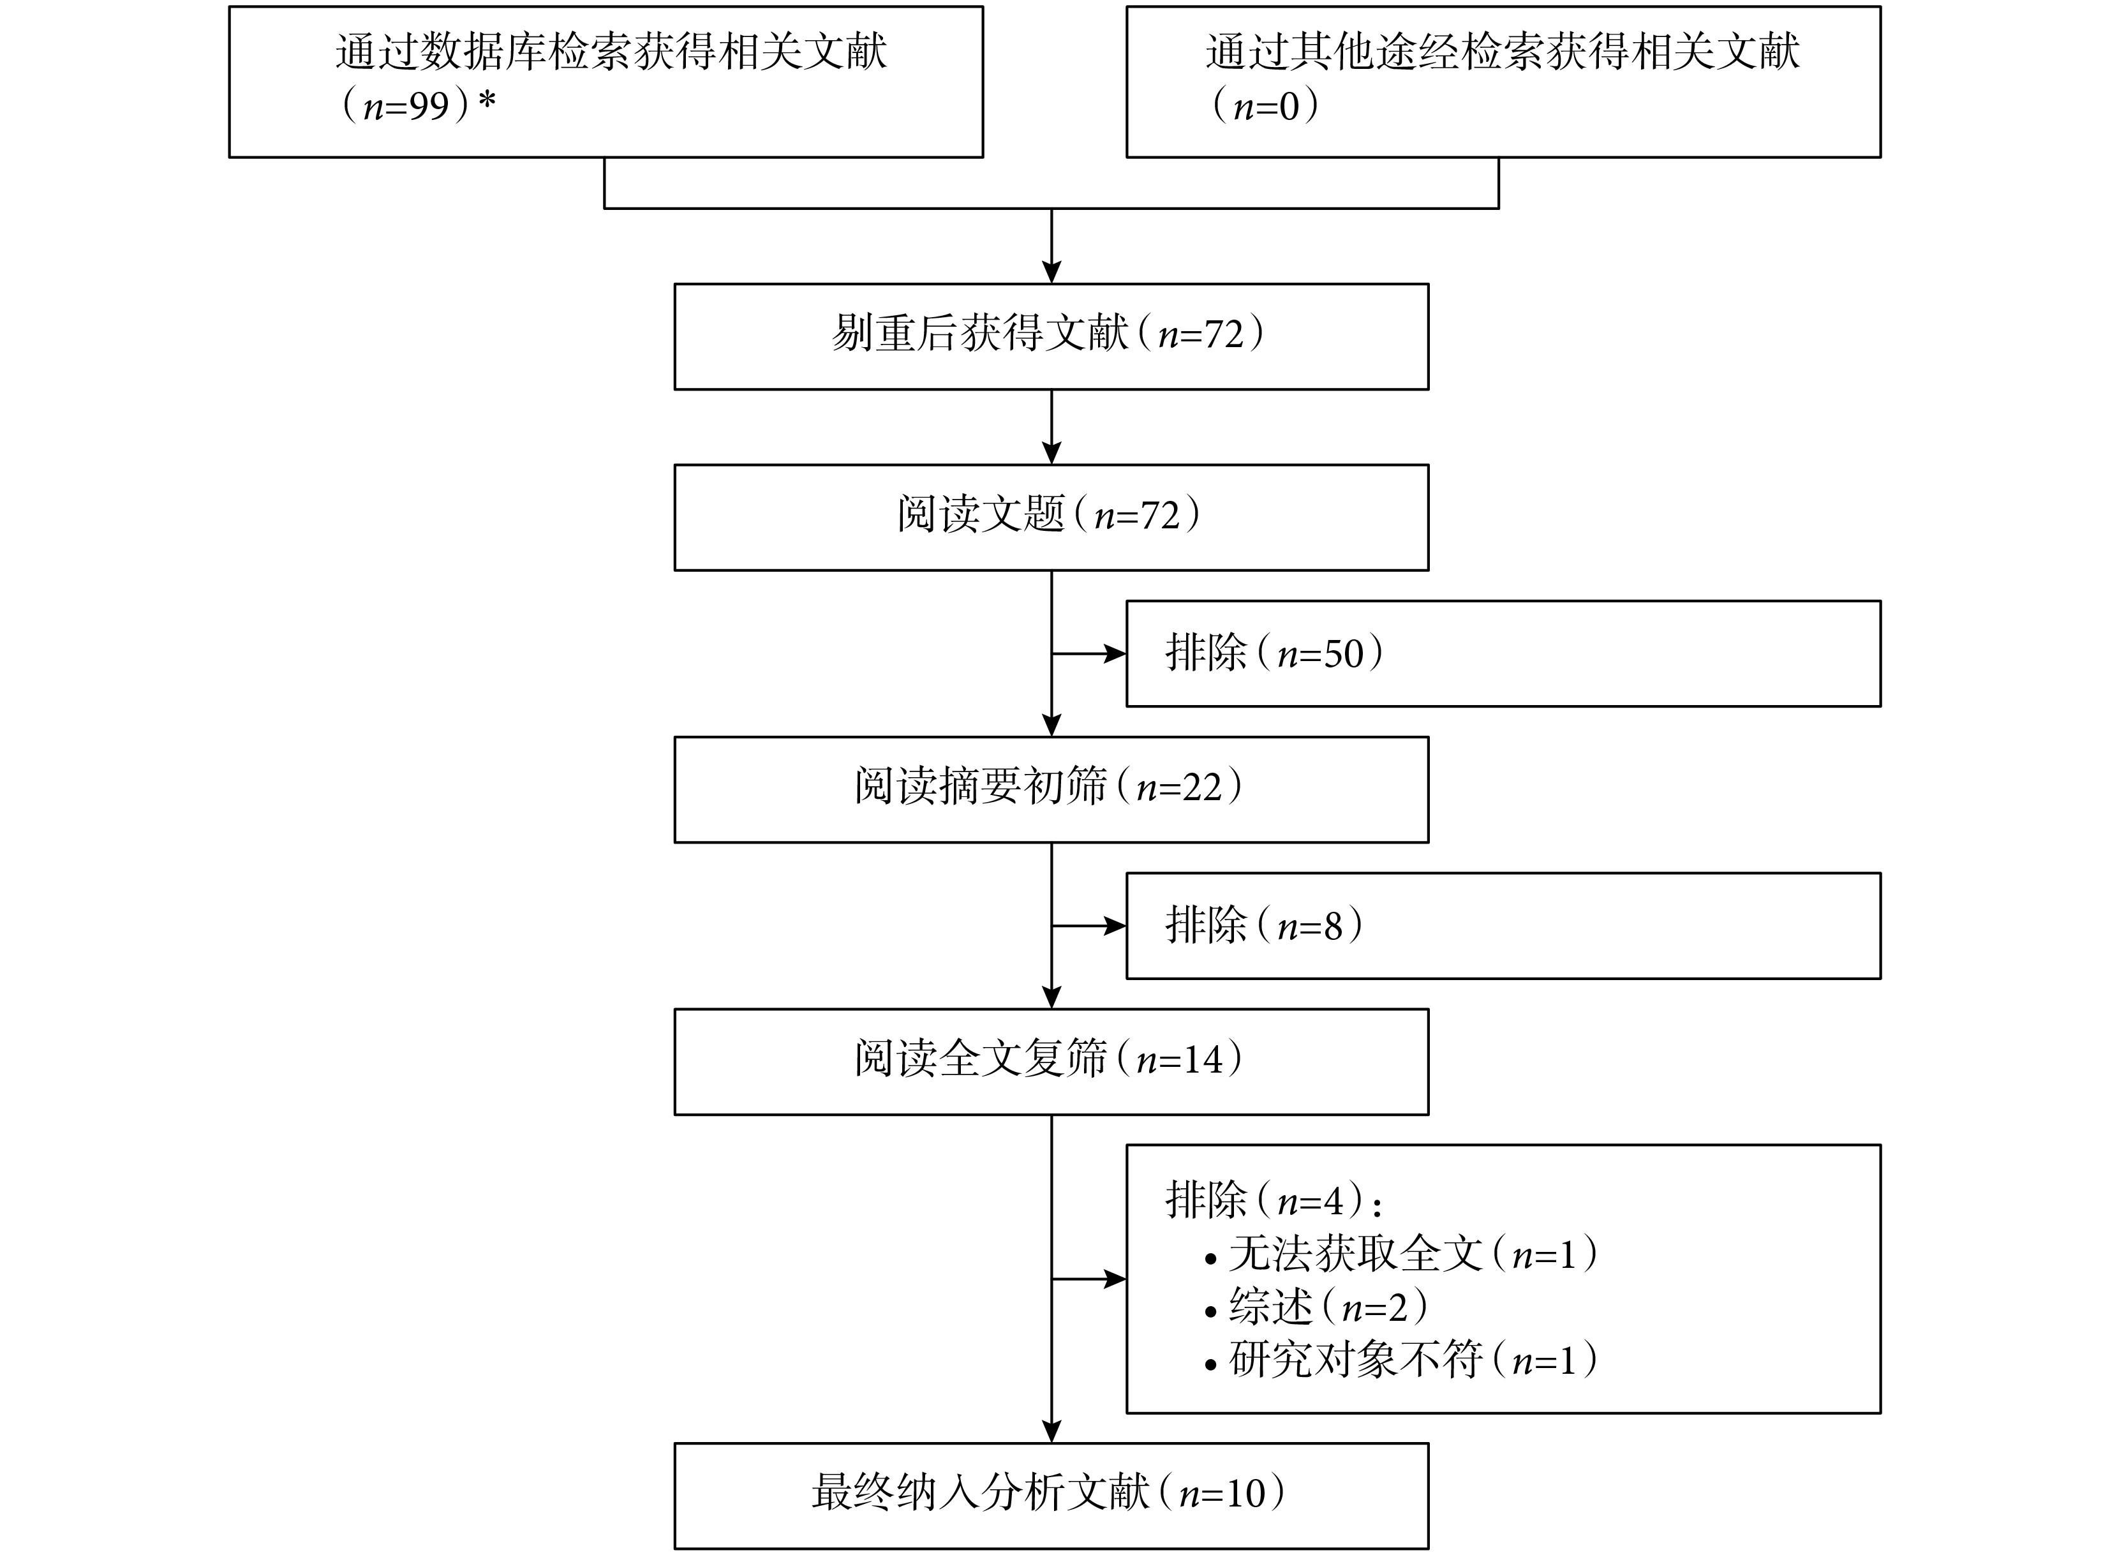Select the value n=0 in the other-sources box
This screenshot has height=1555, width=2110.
(1266, 105)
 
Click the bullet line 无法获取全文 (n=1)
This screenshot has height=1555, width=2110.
(1400, 1254)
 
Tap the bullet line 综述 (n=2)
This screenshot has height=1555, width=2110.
(1316, 1307)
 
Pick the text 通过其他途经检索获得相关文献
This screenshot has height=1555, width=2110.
(1503, 52)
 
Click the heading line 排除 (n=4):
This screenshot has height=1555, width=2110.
(1274, 1200)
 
